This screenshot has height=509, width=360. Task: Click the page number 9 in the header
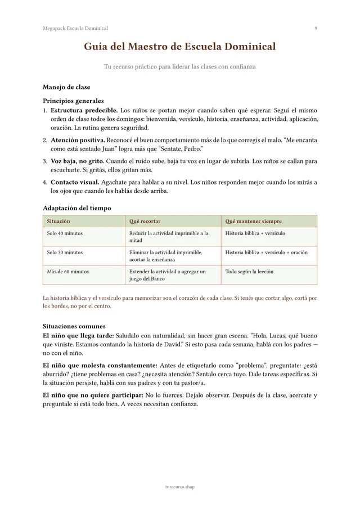coord(316,28)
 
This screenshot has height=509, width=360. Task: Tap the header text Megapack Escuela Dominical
coord(75,28)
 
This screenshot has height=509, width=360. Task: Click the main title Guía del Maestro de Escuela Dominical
coord(180,47)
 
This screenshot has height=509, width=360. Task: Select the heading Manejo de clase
coord(66,87)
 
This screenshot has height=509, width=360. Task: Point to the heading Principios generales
coord(73,101)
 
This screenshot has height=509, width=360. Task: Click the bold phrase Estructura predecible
coord(84,110)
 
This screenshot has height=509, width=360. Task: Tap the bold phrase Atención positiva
coord(78,140)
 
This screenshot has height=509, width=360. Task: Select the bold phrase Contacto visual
coord(75,182)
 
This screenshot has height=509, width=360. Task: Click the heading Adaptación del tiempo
coord(77,208)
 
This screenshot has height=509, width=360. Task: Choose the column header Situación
coord(58,221)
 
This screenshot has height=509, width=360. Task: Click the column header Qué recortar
coord(145,221)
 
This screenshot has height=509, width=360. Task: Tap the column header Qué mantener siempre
coord(254,221)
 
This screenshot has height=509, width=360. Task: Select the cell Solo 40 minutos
coord(65,233)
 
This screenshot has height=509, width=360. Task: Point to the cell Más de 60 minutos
coord(67,272)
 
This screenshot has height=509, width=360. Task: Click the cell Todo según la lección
coord(249,272)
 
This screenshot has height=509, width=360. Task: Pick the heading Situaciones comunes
coord(74,326)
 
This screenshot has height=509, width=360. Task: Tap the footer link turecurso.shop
coord(180,487)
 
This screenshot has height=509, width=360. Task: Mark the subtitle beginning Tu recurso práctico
coord(180,67)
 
